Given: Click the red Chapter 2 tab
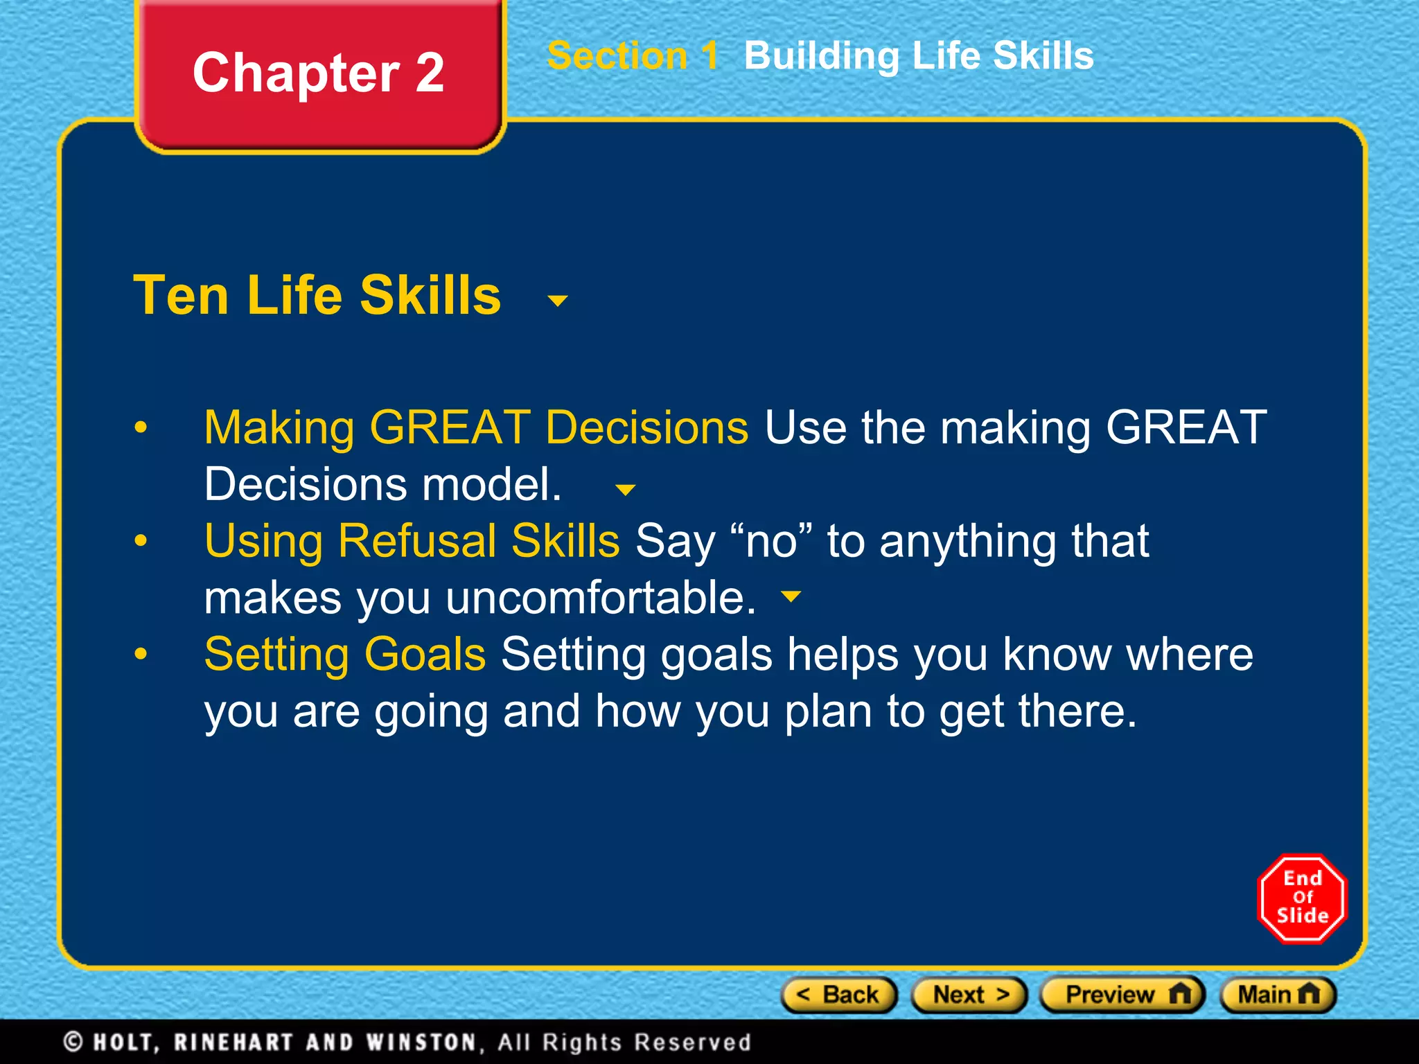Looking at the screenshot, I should pos(319,73).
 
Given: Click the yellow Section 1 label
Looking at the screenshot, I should pos(632,56).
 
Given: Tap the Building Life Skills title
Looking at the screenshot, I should pos(918,56).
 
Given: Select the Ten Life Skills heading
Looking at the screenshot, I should pos(317,296).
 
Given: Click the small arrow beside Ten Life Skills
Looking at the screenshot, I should pos(557,301).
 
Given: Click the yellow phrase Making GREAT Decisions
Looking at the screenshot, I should pos(476,427).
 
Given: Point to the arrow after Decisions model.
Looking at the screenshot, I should pos(625,490).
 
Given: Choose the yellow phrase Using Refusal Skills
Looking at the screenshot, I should pos(412,541).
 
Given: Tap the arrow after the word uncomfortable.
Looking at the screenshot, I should pos(791,596).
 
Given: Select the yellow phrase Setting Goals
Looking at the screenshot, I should pos(345,655).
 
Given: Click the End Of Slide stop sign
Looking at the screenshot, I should pos(1302,898).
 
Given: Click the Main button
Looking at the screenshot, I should pos(1277,995).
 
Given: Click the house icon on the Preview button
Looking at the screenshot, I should pos(1180,994).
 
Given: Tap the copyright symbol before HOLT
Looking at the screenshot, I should pos(73,1042).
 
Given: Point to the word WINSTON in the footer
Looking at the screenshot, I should pos(421,1043).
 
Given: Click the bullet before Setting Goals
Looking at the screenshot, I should pos(141,654).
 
